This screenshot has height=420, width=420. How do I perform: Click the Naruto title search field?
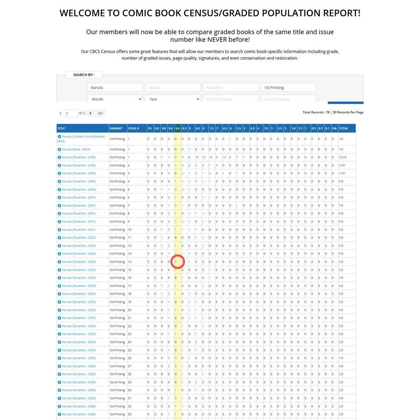[115, 87]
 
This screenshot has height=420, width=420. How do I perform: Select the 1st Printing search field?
[288, 87]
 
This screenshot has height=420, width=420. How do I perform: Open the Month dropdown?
[115, 99]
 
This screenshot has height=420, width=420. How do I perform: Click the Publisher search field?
[230, 87]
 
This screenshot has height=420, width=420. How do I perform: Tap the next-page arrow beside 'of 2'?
[90, 113]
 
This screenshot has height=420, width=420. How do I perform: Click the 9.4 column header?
[177, 128]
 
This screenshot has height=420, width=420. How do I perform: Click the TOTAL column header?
[343, 128]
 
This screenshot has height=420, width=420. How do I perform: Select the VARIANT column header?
[116, 128]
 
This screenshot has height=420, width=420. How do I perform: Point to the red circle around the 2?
[177, 262]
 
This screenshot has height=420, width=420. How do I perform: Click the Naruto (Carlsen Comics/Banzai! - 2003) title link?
[82, 139]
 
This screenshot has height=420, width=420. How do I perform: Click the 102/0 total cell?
[342, 157]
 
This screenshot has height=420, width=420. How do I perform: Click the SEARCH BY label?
[84, 75]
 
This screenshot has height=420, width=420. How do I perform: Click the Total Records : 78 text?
[315, 112]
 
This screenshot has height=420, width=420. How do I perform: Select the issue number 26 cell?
[129, 358]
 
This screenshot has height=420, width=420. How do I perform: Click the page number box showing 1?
[71, 113]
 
